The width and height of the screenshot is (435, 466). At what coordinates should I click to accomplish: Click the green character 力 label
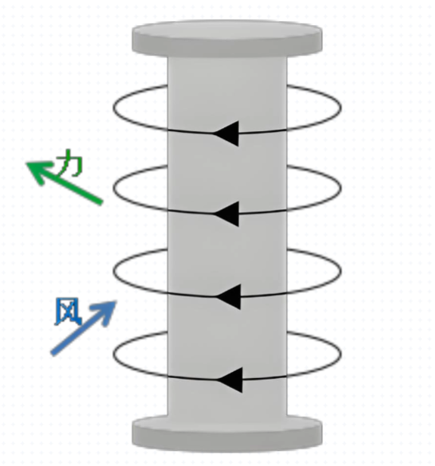click(70, 163)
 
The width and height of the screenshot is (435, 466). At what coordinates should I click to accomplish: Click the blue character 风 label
click(68, 311)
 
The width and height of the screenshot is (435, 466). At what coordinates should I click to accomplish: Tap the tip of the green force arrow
click(26, 163)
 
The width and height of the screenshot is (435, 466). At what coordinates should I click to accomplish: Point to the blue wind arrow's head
click(117, 302)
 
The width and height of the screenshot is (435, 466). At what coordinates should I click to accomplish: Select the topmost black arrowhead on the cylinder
click(226, 133)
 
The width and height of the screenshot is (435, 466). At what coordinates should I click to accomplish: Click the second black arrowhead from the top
click(226, 214)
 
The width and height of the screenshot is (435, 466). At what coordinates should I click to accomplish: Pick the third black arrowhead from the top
click(228, 296)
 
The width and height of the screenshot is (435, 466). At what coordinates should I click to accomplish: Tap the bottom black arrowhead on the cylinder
click(230, 380)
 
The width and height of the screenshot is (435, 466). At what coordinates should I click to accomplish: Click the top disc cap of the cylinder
click(227, 38)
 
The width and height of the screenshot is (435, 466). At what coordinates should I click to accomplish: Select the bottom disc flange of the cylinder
click(227, 433)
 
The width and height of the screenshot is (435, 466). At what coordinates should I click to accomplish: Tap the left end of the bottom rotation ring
click(113, 355)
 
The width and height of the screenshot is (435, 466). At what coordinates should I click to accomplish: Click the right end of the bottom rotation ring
click(341, 355)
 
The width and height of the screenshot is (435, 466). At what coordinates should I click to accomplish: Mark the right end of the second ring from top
click(341, 189)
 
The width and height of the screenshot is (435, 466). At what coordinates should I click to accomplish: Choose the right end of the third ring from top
click(341, 271)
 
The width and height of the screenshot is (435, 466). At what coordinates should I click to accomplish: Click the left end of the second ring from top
click(113, 189)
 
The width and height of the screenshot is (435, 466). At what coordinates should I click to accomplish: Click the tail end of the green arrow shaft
click(101, 202)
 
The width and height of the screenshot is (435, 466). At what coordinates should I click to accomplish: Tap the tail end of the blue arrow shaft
click(52, 353)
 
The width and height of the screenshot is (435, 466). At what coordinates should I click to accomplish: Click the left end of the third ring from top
click(113, 271)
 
